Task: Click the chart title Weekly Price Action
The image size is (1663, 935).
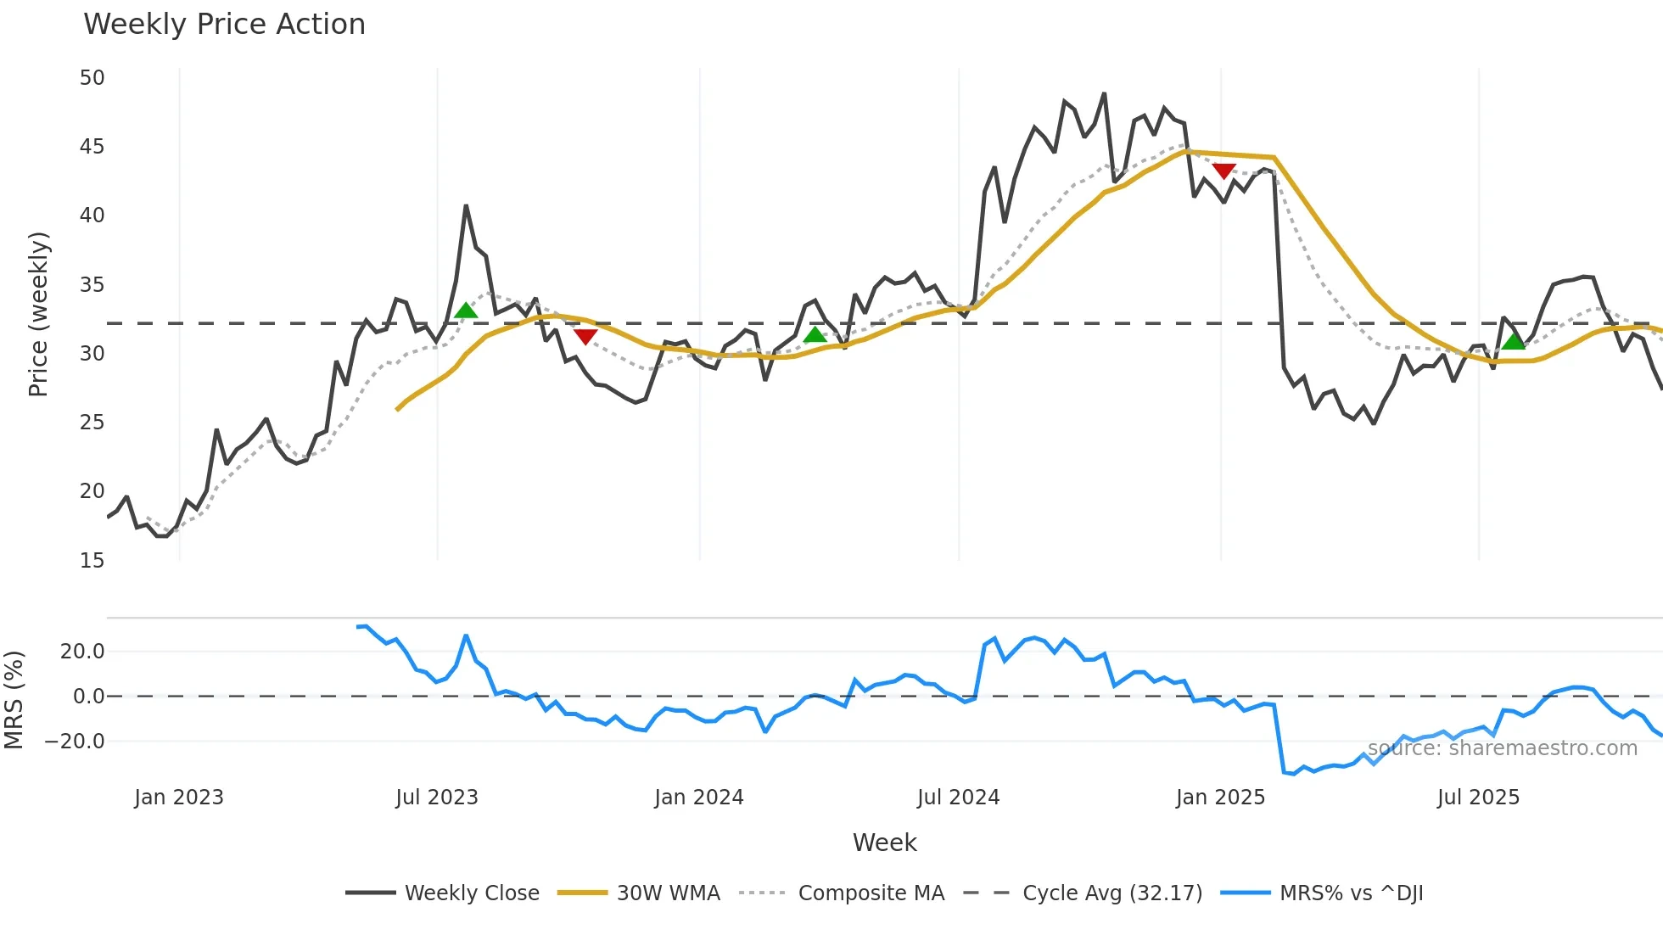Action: pos(224,25)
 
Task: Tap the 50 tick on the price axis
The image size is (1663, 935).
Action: pos(92,78)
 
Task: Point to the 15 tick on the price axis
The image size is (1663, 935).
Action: pos(92,561)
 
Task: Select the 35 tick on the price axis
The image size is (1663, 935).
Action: pos(92,285)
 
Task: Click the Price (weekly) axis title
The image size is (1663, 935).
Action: pos(38,314)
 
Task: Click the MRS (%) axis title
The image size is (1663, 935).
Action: pos(14,700)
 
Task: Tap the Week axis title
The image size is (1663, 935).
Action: pos(884,843)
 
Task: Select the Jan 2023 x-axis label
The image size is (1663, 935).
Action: pos(179,798)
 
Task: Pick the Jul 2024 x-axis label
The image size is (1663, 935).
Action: pos(958,798)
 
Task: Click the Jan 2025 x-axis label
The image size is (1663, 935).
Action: pos(1220,798)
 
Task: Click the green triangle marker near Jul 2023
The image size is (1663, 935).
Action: pos(466,311)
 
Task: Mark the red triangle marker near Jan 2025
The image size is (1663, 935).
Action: pos(1223,171)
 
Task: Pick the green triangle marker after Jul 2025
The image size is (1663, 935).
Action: pos(1514,341)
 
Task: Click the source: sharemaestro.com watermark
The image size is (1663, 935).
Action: pos(1502,748)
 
